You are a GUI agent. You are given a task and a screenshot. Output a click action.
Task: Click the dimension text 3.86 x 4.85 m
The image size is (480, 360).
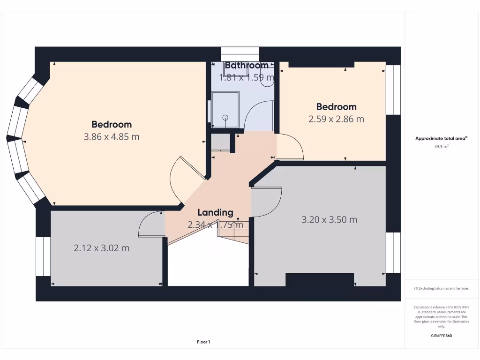pos(112,137)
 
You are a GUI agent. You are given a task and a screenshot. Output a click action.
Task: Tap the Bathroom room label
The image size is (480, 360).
pos(247,66)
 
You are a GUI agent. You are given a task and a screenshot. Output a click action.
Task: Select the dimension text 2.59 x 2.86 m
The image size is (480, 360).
pos(336,119)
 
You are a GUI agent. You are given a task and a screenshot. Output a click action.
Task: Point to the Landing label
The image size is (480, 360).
pos(215,213)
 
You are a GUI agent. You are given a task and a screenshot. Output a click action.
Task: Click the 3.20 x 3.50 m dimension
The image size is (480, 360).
pos(329,219)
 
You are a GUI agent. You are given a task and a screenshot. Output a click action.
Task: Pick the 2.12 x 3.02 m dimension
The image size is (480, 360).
pos(101,248)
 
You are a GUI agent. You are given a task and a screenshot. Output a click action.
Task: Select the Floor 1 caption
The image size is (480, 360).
pos(203,342)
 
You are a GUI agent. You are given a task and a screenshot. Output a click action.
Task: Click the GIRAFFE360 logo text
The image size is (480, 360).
pos(441,336)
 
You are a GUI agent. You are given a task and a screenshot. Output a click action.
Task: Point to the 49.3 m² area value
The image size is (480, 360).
pos(441,147)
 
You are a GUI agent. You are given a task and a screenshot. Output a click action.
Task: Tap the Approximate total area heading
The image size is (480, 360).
pos(441,138)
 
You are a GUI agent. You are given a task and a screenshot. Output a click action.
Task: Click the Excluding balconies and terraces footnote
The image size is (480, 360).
pos(441,288)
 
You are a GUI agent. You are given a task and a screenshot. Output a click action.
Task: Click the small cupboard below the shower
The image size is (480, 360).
pos(220,142)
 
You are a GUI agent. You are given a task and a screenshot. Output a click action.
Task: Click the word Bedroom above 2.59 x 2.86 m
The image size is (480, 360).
pos(336,107)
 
